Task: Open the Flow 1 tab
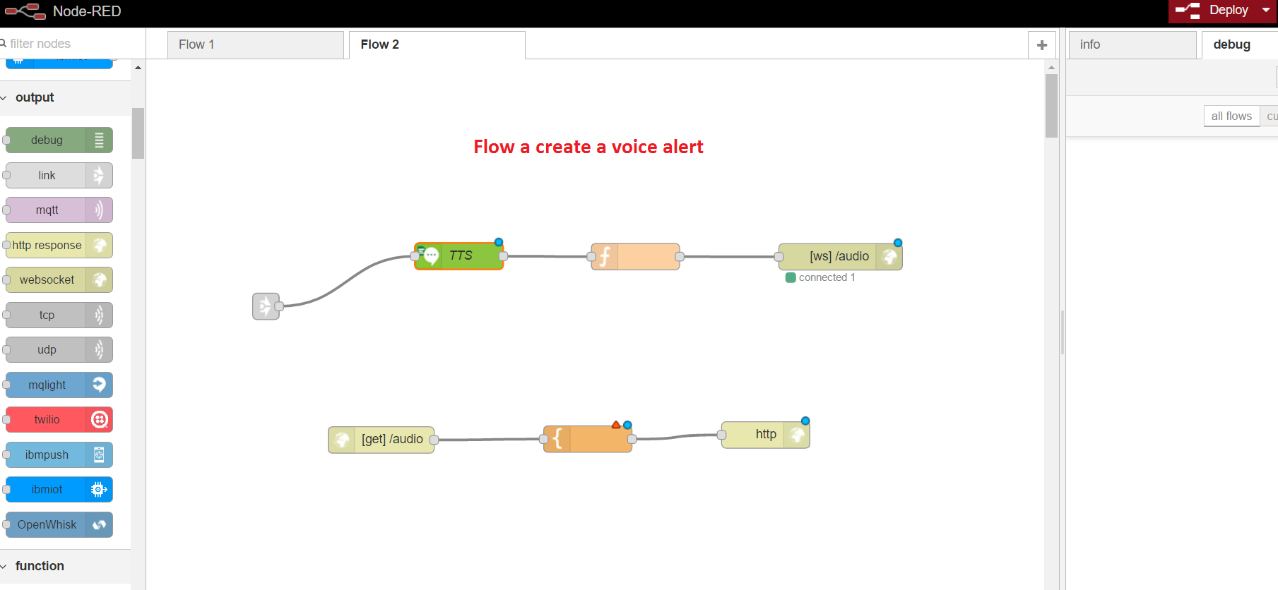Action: tap(255, 44)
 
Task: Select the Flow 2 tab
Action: tap(436, 44)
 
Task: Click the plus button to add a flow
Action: tap(1041, 45)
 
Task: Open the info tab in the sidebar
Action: tap(1130, 44)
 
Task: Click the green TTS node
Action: tap(460, 255)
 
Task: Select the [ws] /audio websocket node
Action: tap(839, 256)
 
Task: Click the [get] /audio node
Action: tap(381, 439)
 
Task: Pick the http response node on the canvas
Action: tap(766, 434)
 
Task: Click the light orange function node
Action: tap(636, 256)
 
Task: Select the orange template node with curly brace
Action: tap(588, 438)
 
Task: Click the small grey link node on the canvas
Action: tap(266, 306)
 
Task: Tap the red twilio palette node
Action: tap(59, 419)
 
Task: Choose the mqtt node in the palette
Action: tap(59, 210)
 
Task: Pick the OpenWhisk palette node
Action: tap(59, 524)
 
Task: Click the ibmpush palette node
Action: tap(59, 454)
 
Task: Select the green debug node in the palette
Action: tap(59, 140)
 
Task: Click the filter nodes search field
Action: tap(71, 44)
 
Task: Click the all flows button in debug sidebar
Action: tap(1231, 116)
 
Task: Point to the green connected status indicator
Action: tap(791, 277)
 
